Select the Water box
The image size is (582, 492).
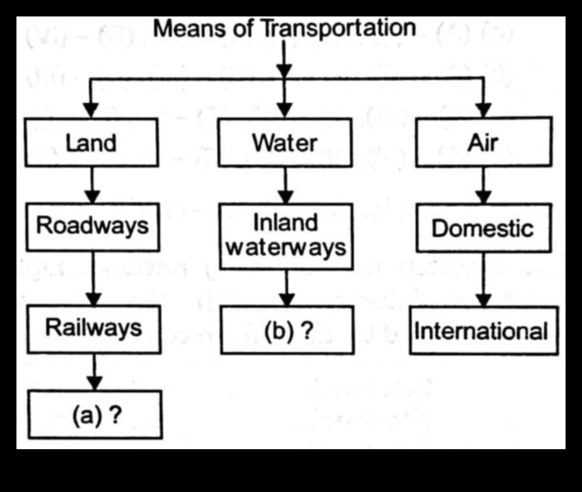(x=285, y=143)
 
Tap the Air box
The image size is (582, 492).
(x=482, y=143)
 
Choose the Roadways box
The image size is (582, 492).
(x=92, y=226)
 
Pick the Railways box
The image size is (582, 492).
(x=92, y=328)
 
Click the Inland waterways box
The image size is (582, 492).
(x=285, y=235)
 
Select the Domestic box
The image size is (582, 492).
(x=482, y=228)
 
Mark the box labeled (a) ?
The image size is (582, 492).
(x=94, y=415)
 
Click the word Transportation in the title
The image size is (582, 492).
(x=338, y=29)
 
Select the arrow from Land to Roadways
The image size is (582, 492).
(x=92, y=183)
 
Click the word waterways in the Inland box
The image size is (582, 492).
(x=285, y=248)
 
